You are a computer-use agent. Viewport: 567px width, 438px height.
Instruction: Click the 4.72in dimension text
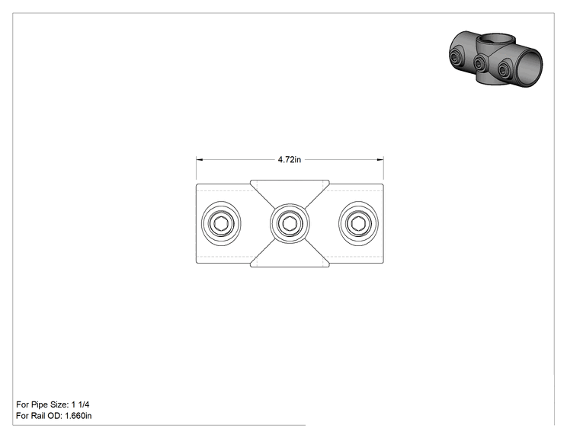290,159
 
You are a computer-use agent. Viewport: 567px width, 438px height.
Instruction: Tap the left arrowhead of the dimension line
199,159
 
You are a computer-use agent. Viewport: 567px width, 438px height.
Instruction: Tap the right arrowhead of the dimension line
380,159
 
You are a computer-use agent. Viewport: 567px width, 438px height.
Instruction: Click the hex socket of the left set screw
221,224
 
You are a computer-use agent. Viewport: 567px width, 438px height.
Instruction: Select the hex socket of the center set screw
290,224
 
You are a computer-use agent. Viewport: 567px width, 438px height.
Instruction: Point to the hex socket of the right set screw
358,224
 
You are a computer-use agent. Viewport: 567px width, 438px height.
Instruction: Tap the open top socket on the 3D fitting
493,39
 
